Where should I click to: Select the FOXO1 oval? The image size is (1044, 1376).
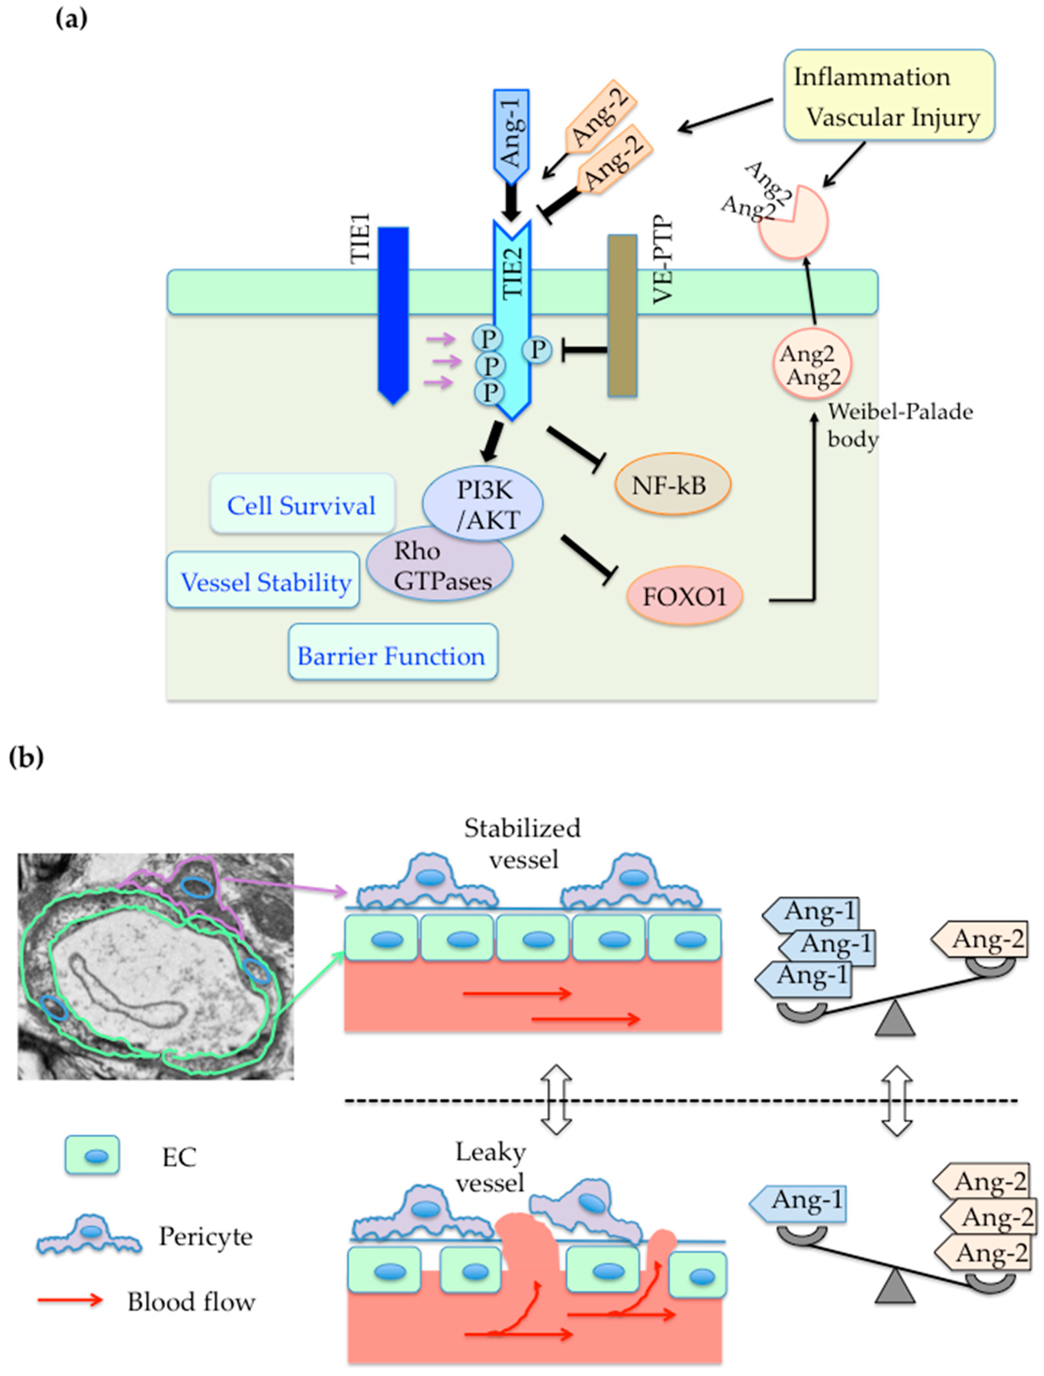684,597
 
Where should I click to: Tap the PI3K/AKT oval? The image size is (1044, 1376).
483,503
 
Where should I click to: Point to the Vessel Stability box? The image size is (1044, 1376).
263,580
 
